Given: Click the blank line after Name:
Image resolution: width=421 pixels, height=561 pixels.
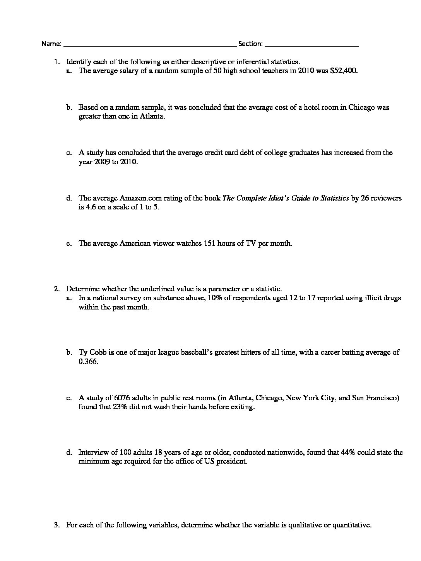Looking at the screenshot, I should [150, 45].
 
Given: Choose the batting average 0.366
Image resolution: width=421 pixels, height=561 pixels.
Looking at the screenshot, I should [88, 362].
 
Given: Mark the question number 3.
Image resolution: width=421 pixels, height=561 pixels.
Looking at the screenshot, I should [56, 525].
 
